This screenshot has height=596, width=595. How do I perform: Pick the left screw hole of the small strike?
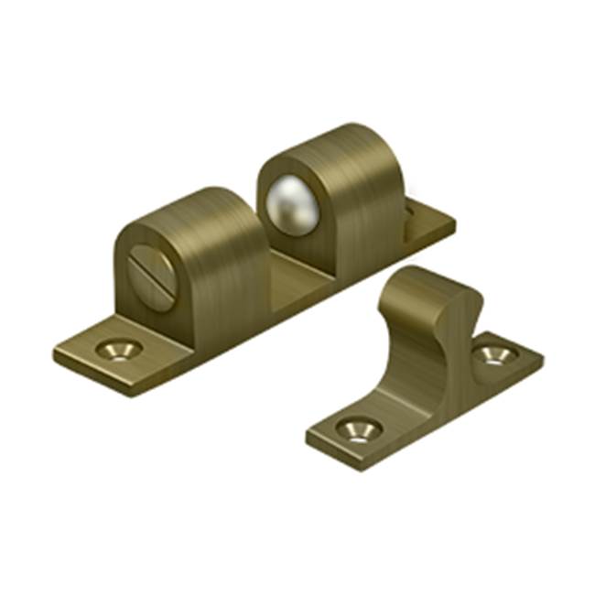(352, 428)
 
